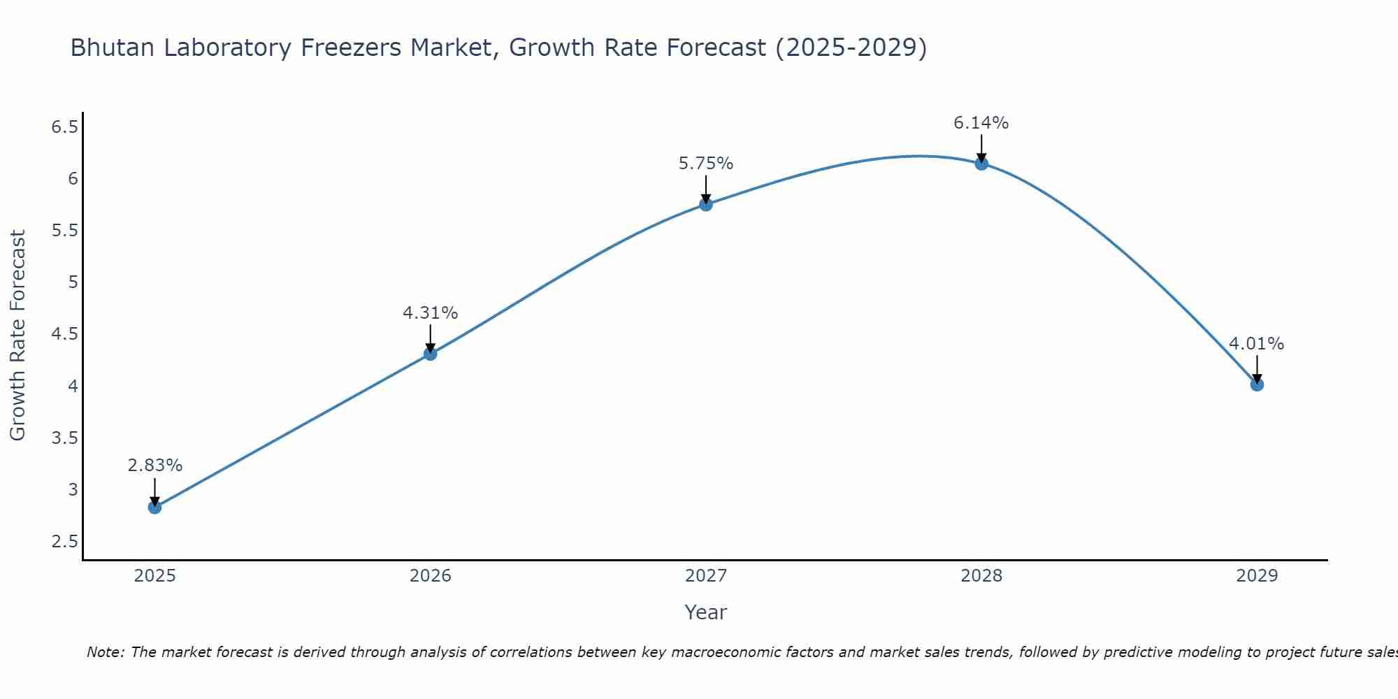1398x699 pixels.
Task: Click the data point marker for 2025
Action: coord(155,507)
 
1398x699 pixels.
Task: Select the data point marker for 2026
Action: coord(431,354)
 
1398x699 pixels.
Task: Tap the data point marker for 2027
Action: coord(706,204)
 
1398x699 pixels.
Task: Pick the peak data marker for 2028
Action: coord(981,164)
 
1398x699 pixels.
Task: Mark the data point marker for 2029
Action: coord(1257,384)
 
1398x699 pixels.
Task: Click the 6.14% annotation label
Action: coord(981,123)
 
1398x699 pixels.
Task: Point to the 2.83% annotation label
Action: coord(155,466)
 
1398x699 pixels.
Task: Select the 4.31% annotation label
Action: coord(431,313)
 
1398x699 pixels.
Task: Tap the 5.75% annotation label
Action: coord(706,164)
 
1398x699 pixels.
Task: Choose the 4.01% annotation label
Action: coord(1257,344)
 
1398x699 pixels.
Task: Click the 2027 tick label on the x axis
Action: coord(706,576)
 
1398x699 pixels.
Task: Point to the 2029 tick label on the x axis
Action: coord(1257,576)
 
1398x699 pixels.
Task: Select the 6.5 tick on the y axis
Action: coord(65,127)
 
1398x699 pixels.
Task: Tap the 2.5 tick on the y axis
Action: coord(65,542)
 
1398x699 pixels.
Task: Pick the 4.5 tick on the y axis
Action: coord(65,334)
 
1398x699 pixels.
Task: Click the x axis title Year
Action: coord(706,612)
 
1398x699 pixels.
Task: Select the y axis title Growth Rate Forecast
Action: coord(18,336)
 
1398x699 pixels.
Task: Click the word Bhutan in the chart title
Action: coord(113,48)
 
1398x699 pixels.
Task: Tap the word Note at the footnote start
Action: coord(105,652)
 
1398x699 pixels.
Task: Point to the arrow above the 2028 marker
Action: coord(981,148)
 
